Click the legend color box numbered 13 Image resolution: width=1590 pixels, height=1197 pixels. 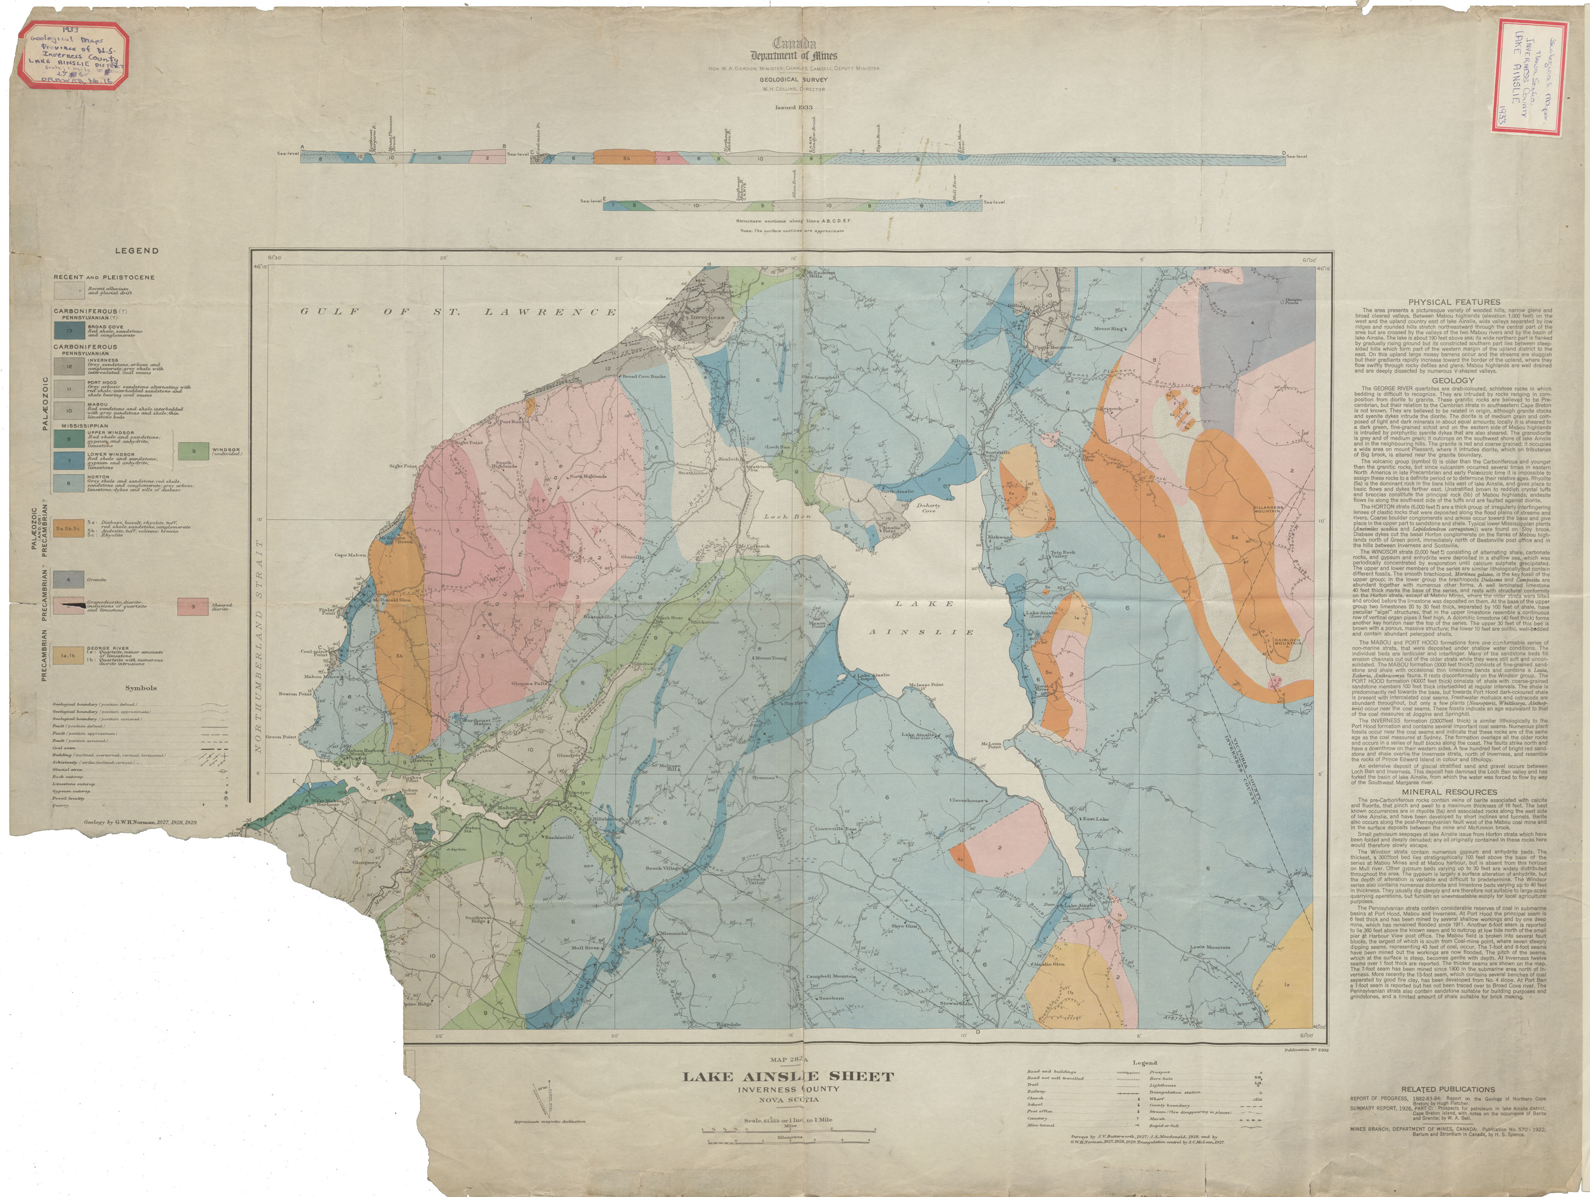point(69,331)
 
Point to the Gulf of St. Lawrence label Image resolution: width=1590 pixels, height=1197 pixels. point(458,312)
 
